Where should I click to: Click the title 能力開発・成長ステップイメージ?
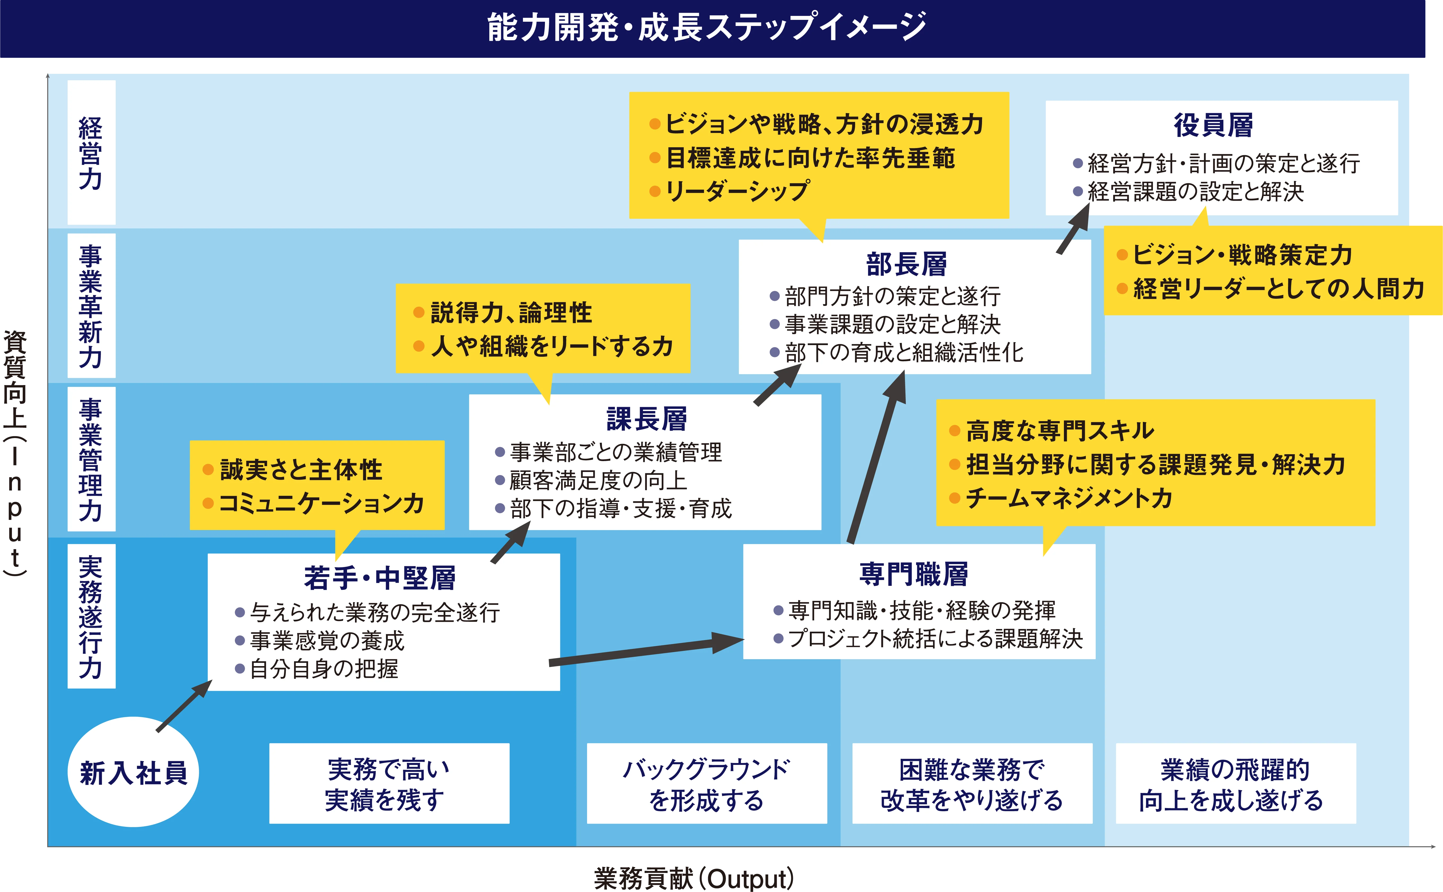pyautogui.click(x=706, y=28)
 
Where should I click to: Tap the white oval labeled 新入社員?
pyautogui.click(x=133, y=772)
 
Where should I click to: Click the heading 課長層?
pyautogui.click(x=647, y=419)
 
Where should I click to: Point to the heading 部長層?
pyautogui.click(x=906, y=264)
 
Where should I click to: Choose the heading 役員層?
pyautogui.click(x=1213, y=125)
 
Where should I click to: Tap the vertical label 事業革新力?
pyautogui.click(x=91, y=306)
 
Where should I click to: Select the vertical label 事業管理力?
pyautogui.click(x=91, y=459)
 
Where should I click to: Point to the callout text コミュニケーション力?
pyautogui.click(x=322, y=503)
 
